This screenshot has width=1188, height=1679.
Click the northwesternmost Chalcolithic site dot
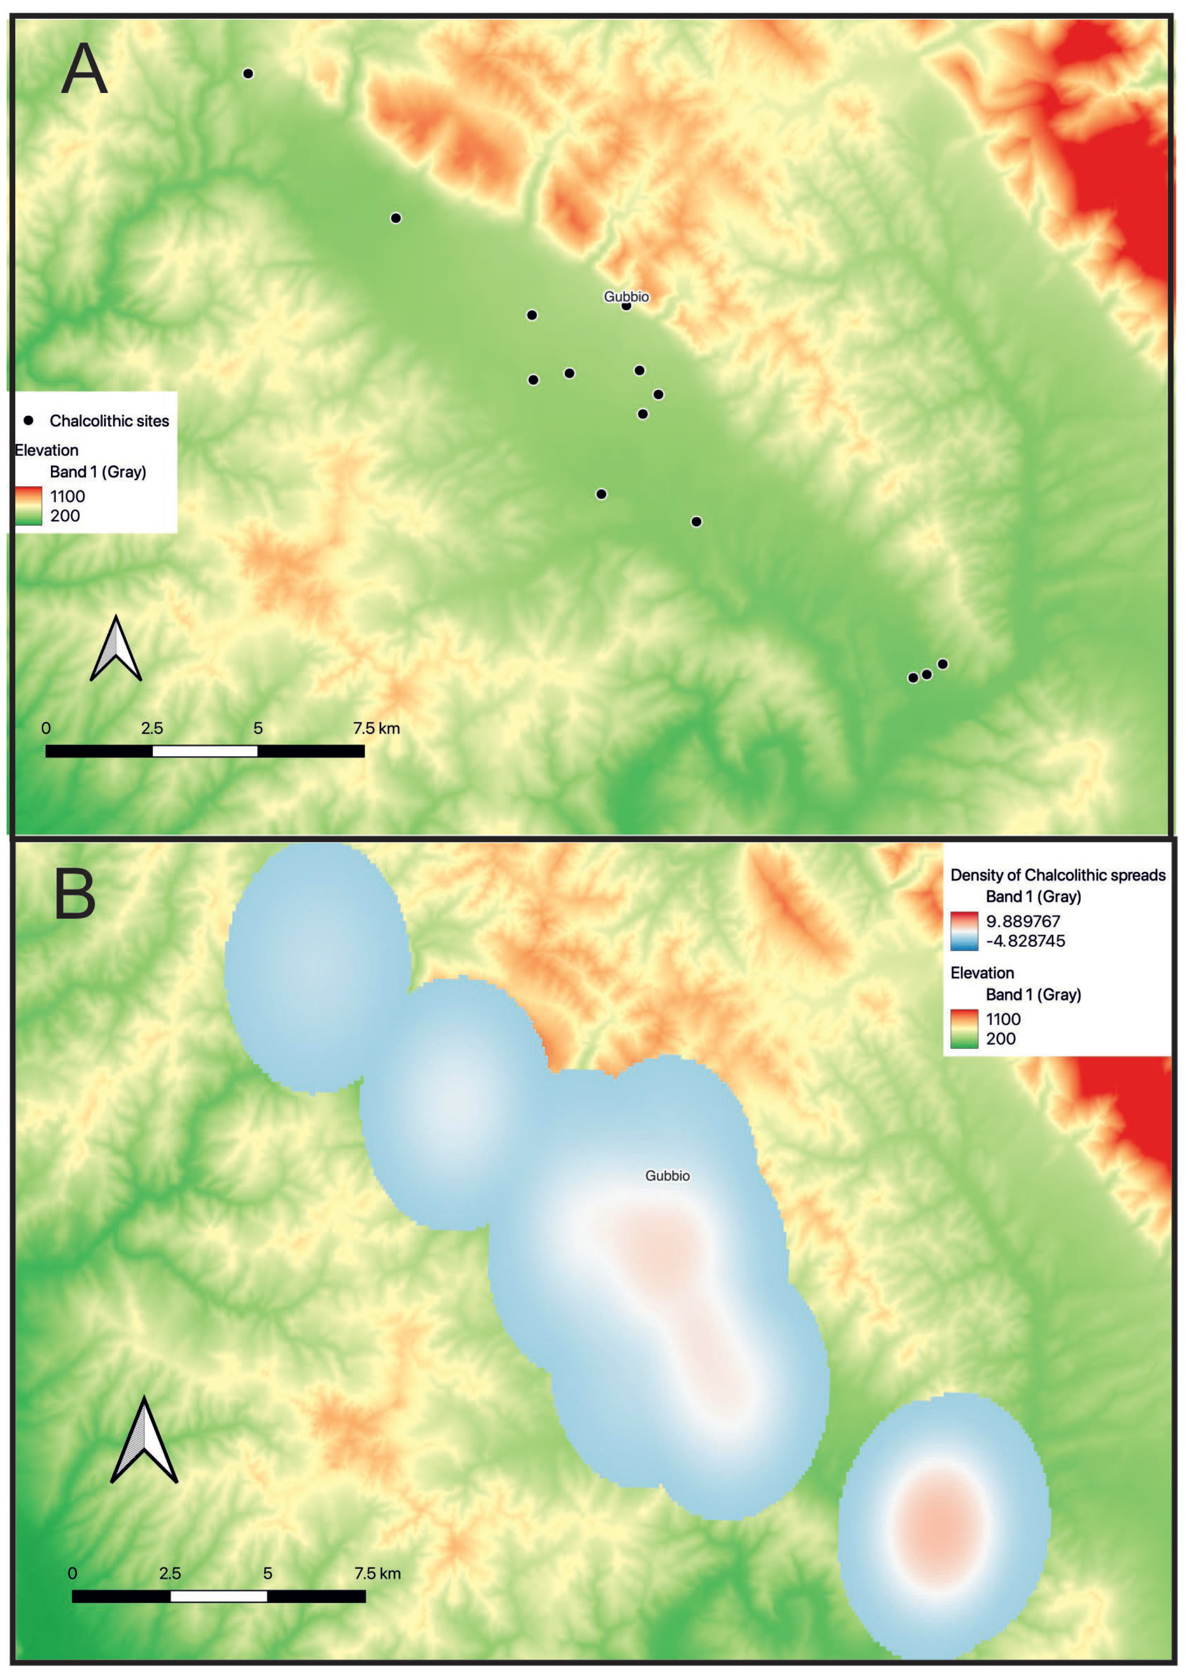pyautogui.click(x=248, y=73)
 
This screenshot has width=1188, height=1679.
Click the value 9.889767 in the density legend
pyautogui.click(x=1022, y=921)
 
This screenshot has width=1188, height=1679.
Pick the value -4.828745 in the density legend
pyautogui.click(x=1025, y=941)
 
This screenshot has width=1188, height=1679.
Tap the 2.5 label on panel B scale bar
pyautogui.click(x=170, y=1573)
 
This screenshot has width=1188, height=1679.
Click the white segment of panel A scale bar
pyautogui.click(x=205, y=750)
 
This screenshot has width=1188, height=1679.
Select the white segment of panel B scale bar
pyautogui.click(x=219, y=1596)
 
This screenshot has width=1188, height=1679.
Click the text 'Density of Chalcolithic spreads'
pyautogui.click(x=1057, y=875)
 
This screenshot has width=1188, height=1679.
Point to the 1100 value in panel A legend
pyautogui.click(x=67, y=496)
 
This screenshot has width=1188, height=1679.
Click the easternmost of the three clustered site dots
pyautogui.click(x=942, y=663)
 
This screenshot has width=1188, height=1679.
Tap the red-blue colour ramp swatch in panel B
pyautogui.click(x=964, y=931)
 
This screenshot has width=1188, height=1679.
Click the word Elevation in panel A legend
pyautogui.click(x=47, y=450)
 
